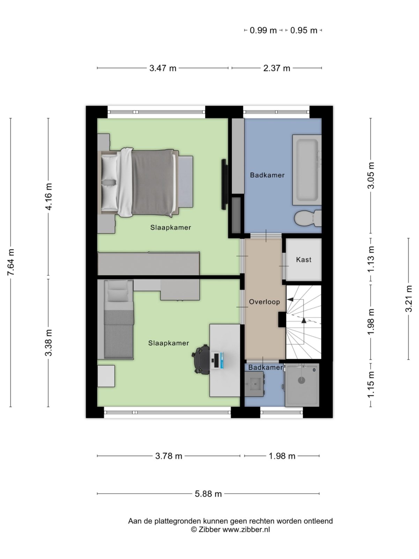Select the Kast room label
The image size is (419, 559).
coord(303,260)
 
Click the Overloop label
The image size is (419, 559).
coord(264,302)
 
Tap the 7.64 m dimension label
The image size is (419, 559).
coord(11,262)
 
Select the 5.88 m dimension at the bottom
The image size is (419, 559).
coord(208,494)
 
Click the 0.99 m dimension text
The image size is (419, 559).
coord(263,30)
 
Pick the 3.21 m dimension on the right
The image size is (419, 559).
coord(409,299)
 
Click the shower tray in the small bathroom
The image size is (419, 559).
coord(302,385)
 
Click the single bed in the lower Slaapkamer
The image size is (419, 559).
coord(119,320)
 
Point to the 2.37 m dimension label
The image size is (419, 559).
coord(277,68)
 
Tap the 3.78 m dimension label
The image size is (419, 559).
coord(169,456)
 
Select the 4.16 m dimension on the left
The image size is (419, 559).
coord(49,196)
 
